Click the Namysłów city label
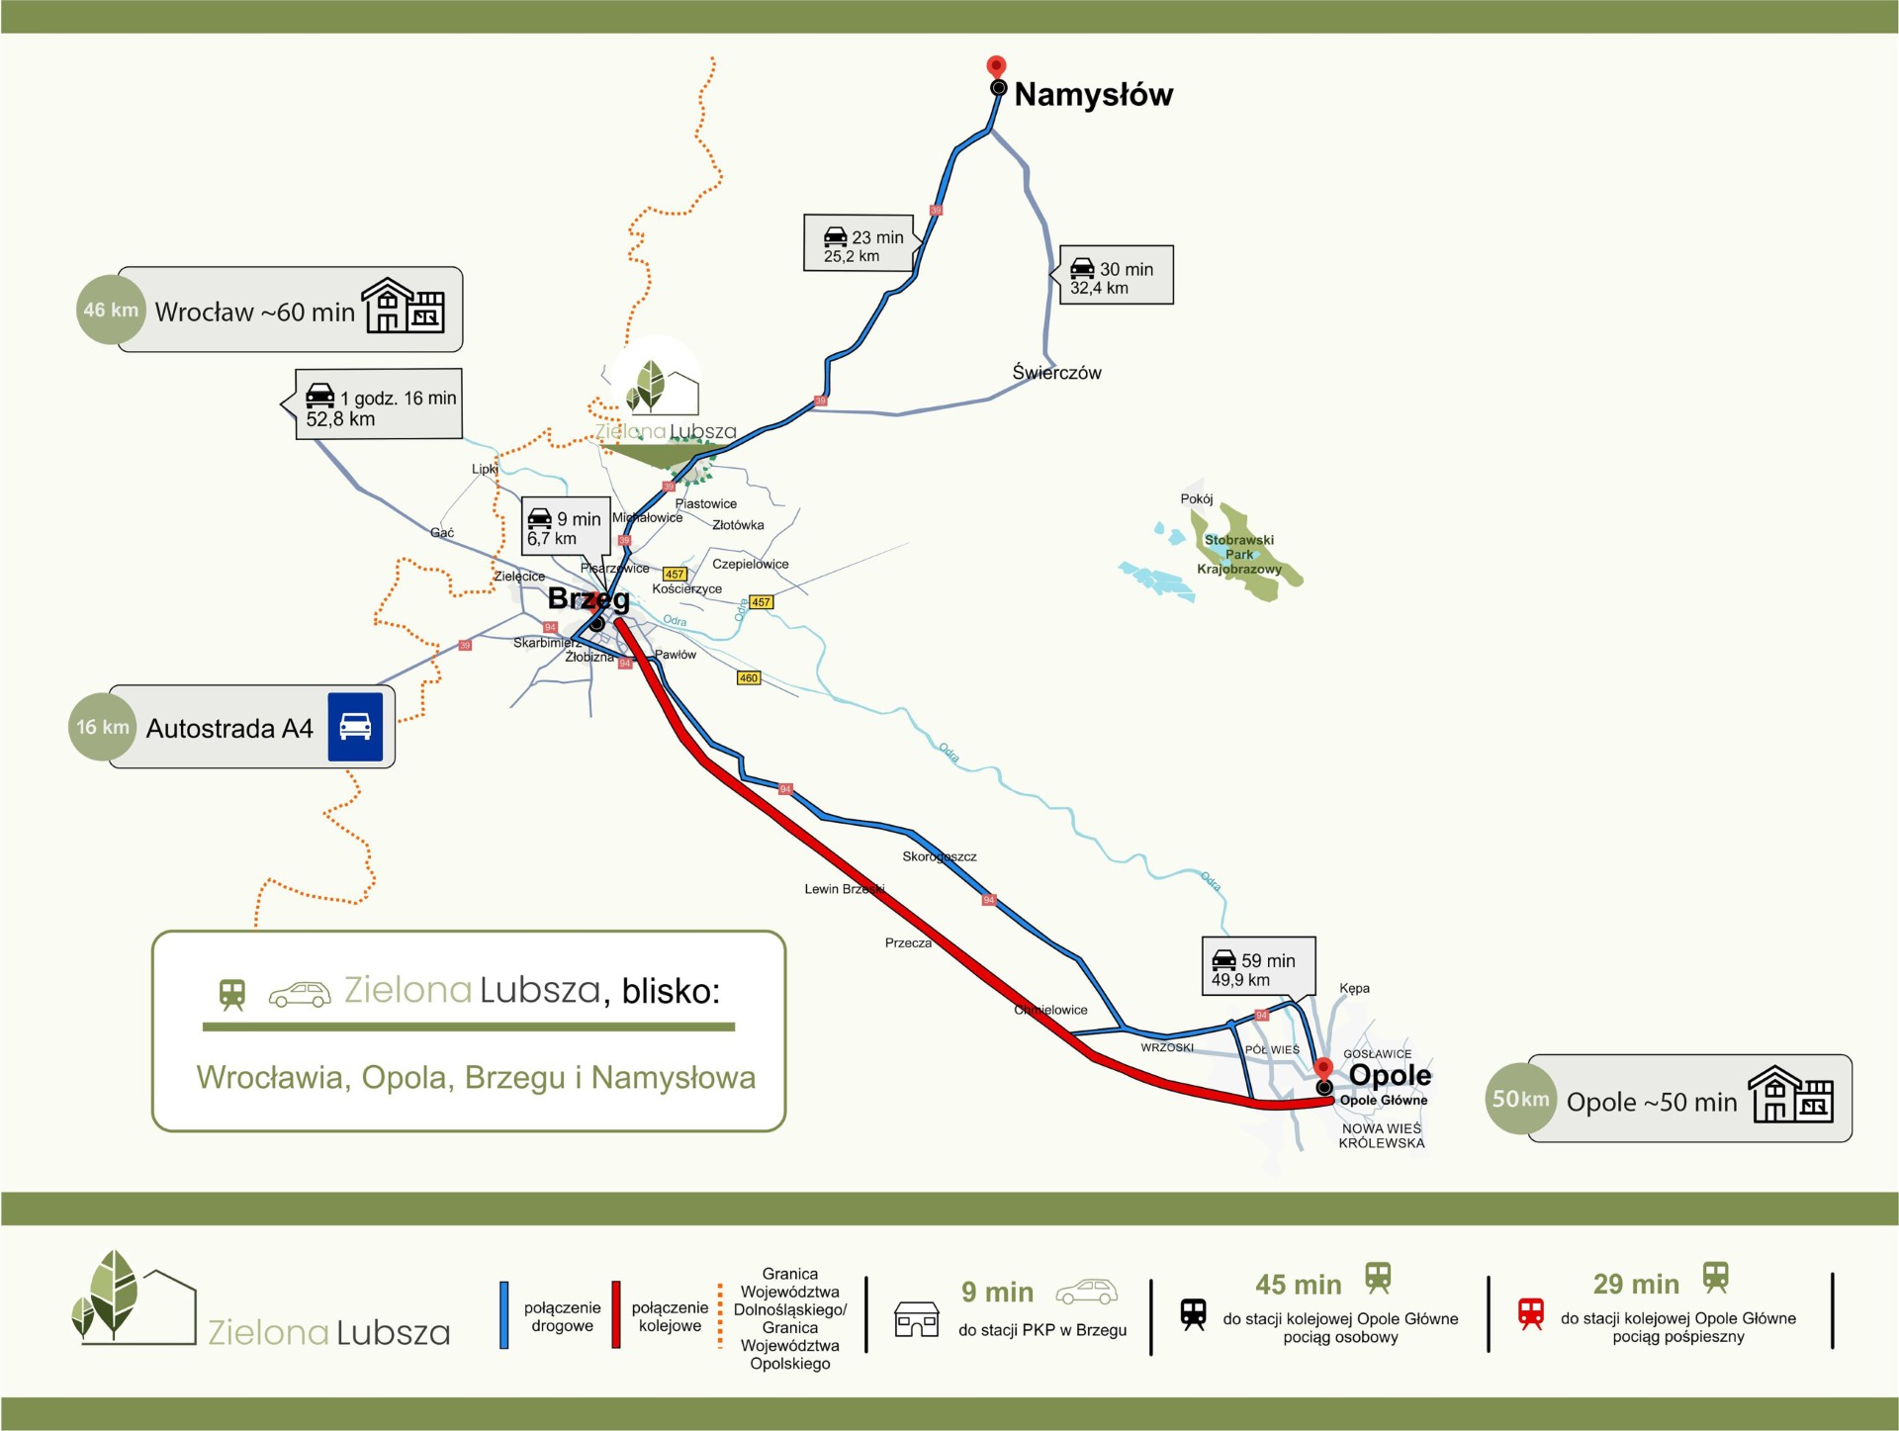pos(1093,95)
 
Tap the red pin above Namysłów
pos(996,66)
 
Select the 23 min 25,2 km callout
pos(859,243)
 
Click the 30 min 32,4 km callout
pos(1117,276)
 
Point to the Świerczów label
pos(1056,373)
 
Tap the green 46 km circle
pos(111,311)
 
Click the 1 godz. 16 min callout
pos(380,404)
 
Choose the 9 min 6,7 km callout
pos(565,527)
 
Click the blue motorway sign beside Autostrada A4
pos(355,727)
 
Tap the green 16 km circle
pos(103,727)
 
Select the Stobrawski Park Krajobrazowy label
pos(1238,555)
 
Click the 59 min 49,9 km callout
pos(1257,967)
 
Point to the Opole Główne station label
pos(1383,1101)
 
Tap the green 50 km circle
pos(1520,1099)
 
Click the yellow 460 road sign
pos(749,678)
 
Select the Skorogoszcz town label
pos(939,856)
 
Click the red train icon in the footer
pos(1530,1313)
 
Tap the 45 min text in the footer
pos(1298,1285)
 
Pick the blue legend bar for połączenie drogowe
pos(504,1315)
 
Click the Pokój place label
pos(1196,499)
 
